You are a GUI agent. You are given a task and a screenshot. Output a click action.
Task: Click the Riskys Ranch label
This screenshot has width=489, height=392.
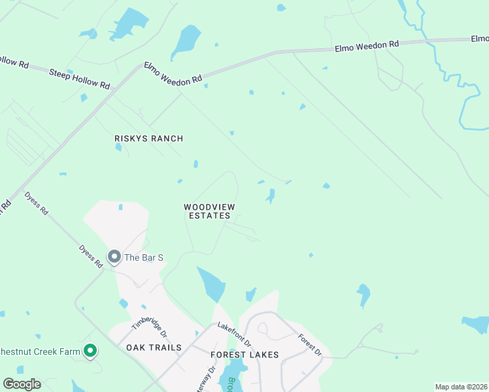148,139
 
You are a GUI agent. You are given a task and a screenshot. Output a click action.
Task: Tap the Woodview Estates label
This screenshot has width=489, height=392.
209,211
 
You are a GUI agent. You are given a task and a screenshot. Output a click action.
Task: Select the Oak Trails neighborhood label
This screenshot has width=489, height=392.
154,348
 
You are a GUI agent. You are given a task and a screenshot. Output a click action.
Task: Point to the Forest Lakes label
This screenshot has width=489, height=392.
244,355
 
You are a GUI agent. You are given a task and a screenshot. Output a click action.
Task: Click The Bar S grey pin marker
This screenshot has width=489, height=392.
114,257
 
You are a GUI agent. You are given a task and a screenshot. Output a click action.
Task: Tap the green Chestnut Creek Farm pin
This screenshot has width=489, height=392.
91,352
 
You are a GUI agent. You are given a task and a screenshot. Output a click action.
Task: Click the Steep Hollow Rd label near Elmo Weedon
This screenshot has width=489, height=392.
79,76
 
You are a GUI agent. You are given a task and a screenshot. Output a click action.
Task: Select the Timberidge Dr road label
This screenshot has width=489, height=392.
146,320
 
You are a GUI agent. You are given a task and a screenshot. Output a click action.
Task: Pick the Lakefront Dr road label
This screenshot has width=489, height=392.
234,335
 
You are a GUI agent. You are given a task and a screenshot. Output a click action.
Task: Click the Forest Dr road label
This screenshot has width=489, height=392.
310,345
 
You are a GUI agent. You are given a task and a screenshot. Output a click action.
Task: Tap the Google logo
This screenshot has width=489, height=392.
22,384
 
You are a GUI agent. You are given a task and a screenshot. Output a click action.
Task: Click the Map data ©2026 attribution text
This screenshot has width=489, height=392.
461,387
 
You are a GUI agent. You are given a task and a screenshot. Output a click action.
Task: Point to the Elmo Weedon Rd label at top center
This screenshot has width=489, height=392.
366,46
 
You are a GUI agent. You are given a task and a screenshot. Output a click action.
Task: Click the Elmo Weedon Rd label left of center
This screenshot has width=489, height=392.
173,73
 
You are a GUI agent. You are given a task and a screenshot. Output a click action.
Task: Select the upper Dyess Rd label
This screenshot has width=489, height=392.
37,203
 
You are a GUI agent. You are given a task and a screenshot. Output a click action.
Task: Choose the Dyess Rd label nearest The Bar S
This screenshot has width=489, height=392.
91,256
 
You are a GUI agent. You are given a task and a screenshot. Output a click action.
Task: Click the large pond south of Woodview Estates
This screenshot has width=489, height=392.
212,284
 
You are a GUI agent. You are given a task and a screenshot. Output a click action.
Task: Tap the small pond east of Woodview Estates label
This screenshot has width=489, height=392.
270,195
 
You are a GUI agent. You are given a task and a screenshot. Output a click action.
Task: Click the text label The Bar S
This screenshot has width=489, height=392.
139,257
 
